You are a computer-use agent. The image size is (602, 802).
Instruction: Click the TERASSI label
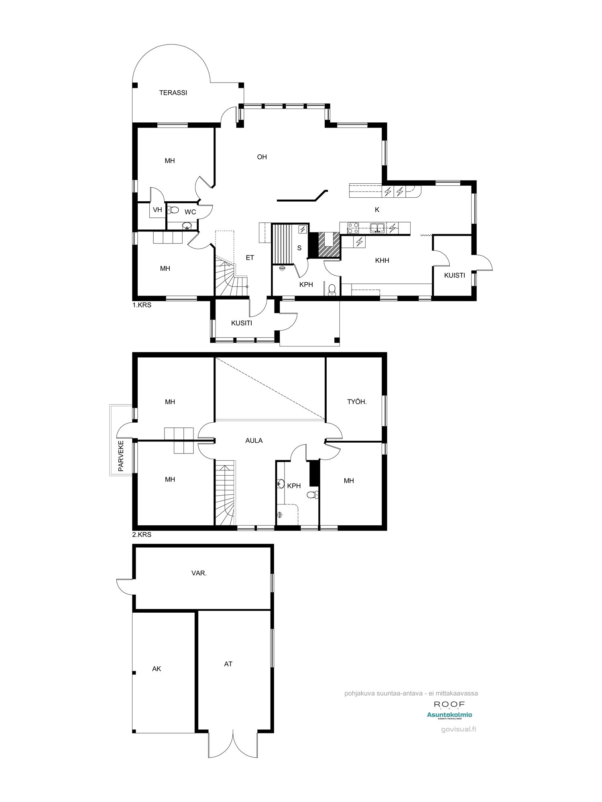[173, 93]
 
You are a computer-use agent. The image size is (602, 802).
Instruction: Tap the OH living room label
[262, 157]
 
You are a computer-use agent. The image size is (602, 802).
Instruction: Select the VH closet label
[157, 209]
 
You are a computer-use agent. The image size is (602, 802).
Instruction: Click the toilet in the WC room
[173, 209]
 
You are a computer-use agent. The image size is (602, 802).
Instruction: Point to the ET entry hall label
[250, 257]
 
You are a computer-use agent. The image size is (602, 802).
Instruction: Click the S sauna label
[299, 248]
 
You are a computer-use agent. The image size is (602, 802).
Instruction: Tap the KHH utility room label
[382, 260]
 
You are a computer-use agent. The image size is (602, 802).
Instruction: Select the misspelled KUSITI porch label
[241, 323]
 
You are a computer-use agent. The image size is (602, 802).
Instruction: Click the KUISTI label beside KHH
[454, 275]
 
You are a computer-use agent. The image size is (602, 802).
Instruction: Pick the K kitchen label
[377, 209]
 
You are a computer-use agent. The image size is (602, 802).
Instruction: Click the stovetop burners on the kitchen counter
[353, 228]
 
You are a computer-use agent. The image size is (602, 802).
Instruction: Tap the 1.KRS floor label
[142, 305]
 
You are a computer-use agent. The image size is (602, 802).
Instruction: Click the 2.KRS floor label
[142, 535]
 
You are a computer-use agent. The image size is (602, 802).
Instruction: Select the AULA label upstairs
[254, 440]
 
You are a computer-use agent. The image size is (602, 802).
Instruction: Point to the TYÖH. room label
[357, 401]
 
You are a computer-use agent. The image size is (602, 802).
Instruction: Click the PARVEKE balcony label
[121, 456]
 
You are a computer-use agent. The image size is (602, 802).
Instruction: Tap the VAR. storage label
[199, 573]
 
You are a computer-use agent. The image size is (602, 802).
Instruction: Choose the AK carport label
[157, 668]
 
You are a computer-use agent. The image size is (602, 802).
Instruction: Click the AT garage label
[228, 664]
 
